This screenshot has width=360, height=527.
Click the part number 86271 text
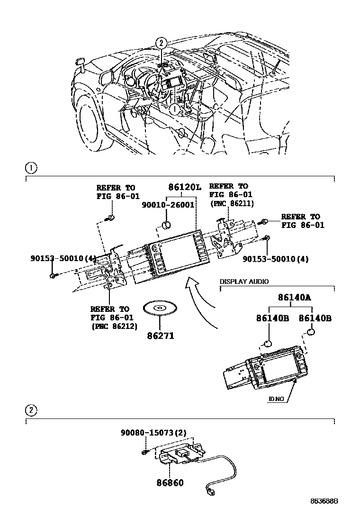[x=160, y=336]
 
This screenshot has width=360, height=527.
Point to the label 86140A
[x=294, y=298]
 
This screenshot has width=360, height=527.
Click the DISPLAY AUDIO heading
[x=244, y=282]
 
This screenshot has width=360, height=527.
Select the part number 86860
[x=170, y=483]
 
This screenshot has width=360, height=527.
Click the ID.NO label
[x=276, y=399]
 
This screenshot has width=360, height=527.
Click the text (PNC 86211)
[x=232, y=204]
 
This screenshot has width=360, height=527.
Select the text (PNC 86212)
[x=114, y=327]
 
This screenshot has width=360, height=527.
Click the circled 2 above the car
[x=162, y=43]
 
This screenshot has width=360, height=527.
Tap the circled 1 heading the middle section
[x=30, y=168]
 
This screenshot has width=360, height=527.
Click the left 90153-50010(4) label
[x=63, y=259]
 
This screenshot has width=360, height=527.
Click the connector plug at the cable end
[x=210, y=492]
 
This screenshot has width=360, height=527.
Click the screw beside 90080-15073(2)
[x=144, y=453]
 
